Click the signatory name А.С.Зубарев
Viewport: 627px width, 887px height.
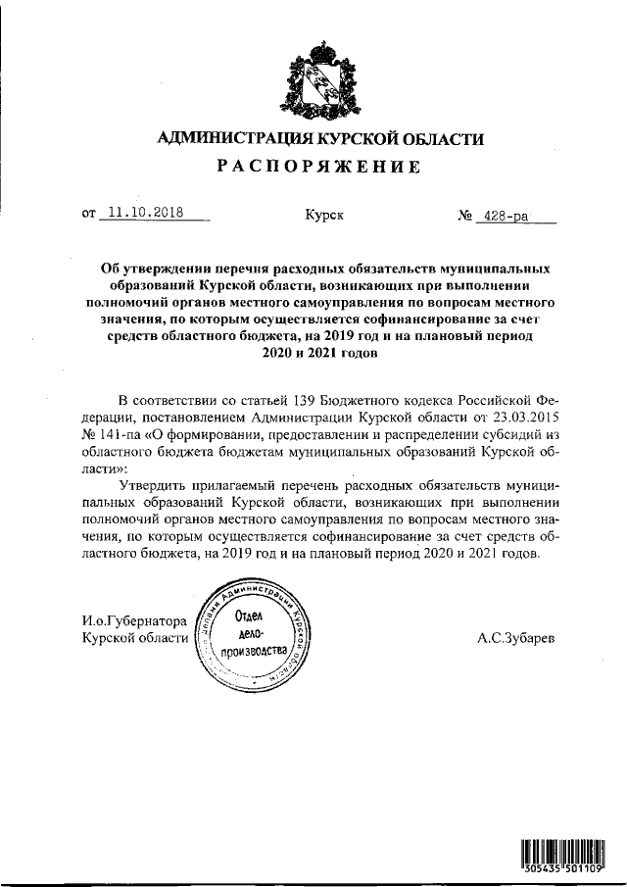pyautogui.click(x=515, y=637)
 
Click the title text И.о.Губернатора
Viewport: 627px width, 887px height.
pyautogui.click(x=134, y=619)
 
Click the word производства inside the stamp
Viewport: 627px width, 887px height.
pyautogui.click(x=255, y=652)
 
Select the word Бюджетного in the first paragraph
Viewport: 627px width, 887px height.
pyautogui.click(x=362, y=401)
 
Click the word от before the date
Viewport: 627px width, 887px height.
pyautogui.click(x=90, y=212)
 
